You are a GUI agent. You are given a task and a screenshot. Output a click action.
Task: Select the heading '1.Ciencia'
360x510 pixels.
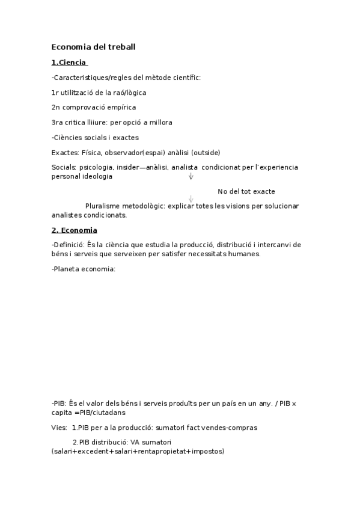[70, 62]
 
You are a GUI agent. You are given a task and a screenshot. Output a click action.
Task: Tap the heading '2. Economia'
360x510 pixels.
[75, 230]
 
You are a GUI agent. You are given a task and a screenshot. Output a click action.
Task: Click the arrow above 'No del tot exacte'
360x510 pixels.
[191, 176]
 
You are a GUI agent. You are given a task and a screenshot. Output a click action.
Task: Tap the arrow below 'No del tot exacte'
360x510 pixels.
[191, 199]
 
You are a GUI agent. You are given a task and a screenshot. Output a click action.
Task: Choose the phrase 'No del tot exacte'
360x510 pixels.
[246, 191]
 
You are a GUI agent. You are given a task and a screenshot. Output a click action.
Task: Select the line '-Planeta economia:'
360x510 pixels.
[84, 269]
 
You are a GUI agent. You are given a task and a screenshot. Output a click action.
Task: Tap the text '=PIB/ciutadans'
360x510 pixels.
[100, 413]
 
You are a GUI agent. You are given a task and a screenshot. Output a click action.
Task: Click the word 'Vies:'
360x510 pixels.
[59, 428]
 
